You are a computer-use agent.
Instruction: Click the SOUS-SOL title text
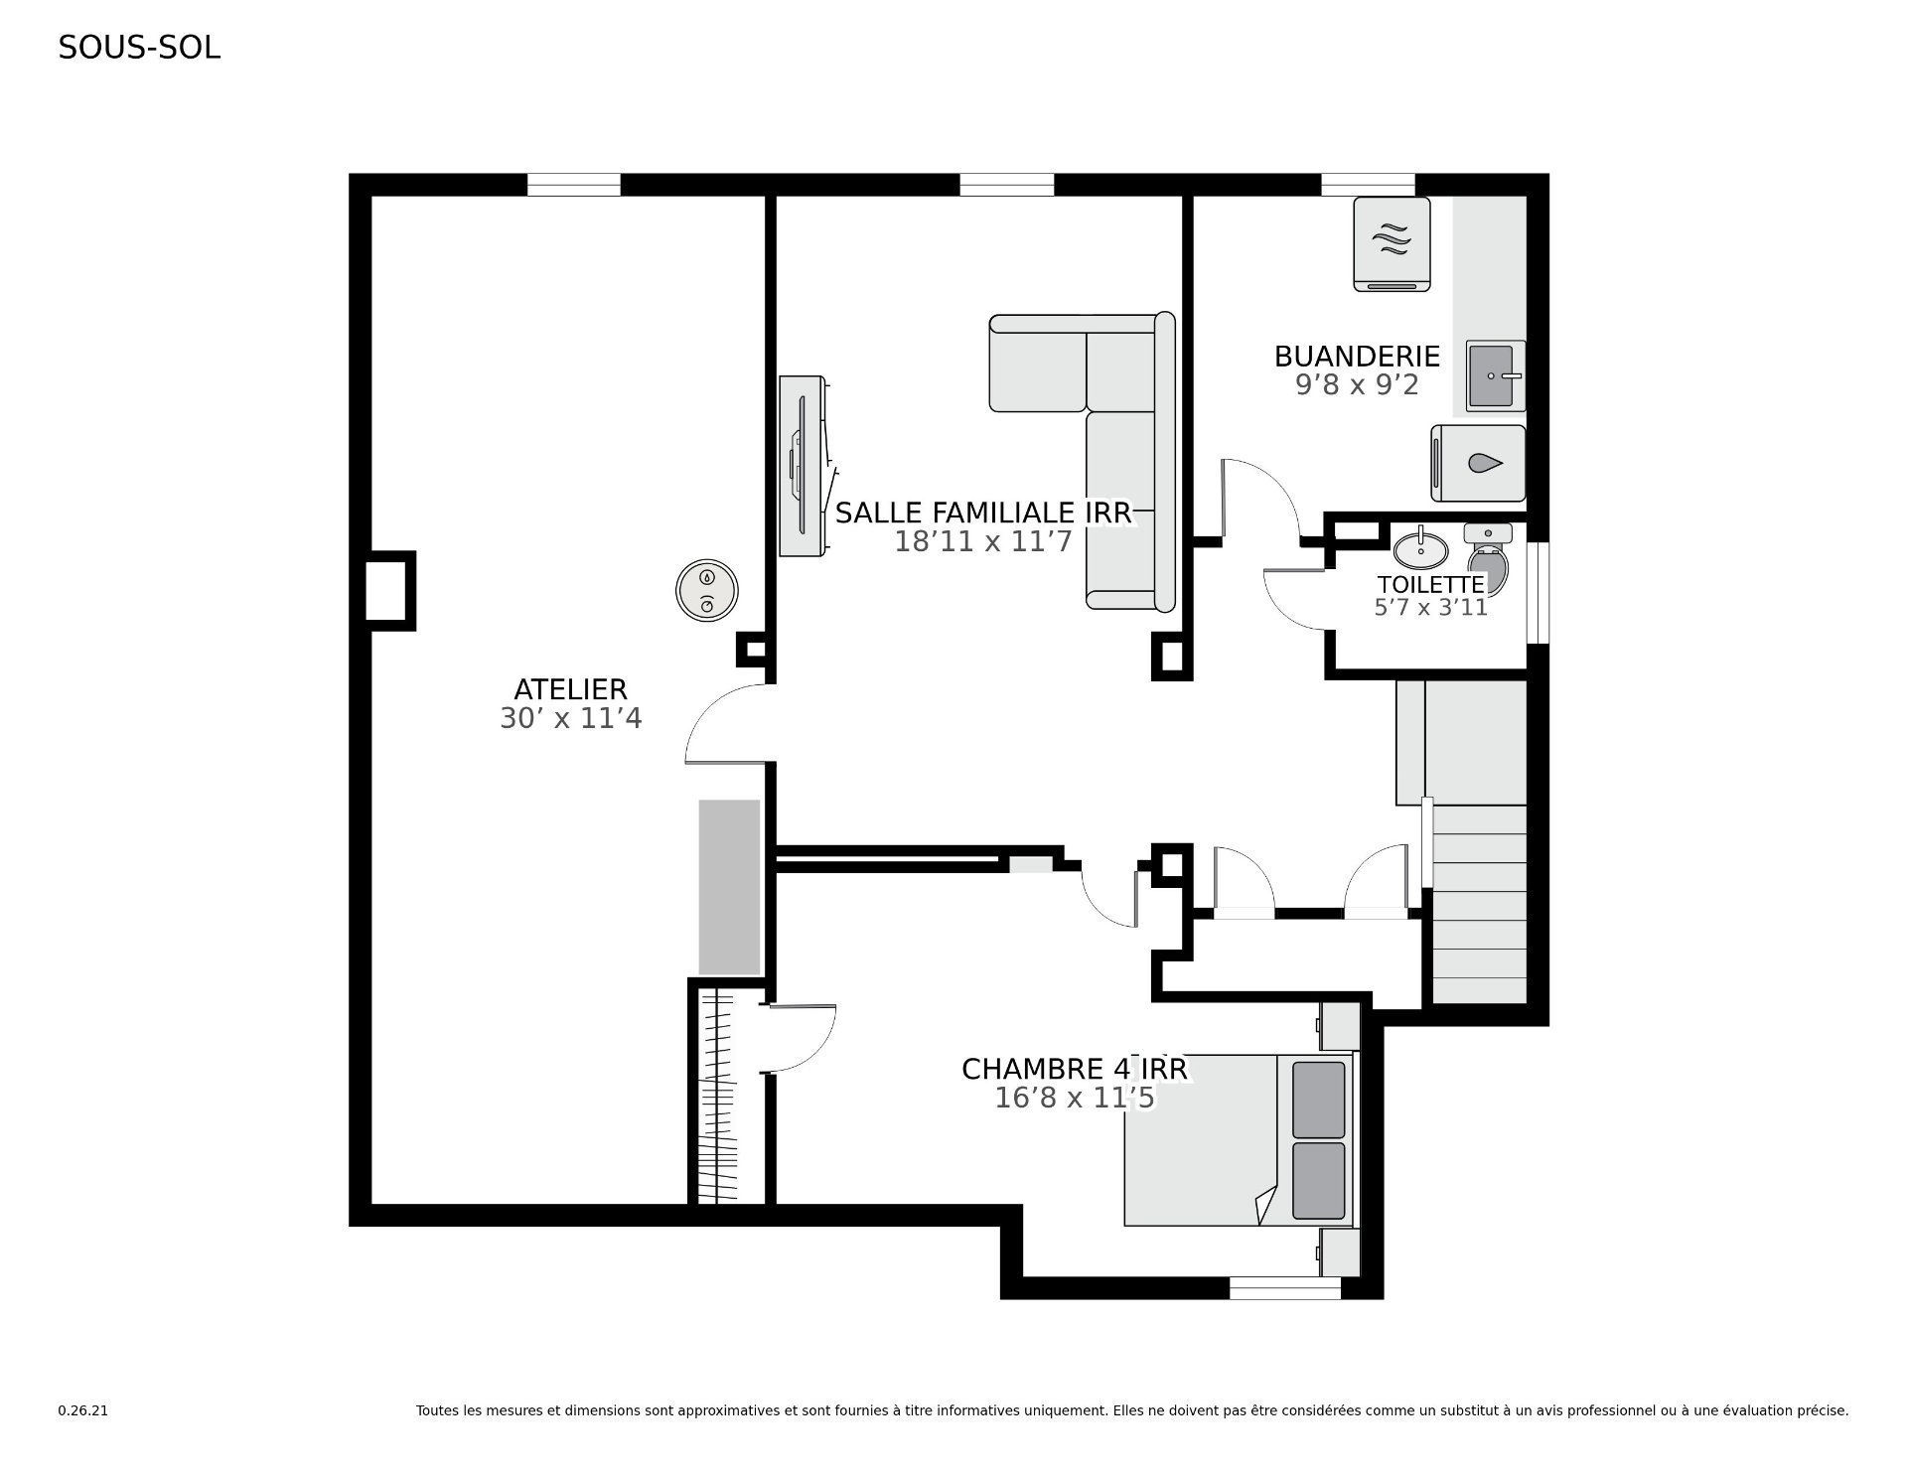tap(139, 48)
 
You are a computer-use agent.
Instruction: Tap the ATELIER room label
tap(570, 689)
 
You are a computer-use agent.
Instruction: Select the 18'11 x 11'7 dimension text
tap(983, 542)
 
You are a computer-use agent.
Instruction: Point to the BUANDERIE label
tap(1357, 356)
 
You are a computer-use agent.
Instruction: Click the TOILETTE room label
tap(1430, 584)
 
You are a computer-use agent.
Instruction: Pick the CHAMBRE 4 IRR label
tap(1075, 1069)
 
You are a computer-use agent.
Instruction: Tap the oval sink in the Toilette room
tap(1421, 546)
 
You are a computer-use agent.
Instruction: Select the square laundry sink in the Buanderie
tap(1496, 375)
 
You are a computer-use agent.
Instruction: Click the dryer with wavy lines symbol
tap(1393, 243)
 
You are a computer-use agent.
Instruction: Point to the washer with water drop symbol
tap(1478, 463)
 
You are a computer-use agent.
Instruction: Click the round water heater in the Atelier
tap(707, 591)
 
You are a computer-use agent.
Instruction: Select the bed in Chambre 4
tap(1240, 1139)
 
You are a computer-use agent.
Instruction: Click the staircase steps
tap(1478, 904)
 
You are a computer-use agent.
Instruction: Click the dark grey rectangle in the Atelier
tap(729, 887)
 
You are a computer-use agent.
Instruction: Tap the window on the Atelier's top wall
tap(573, 185)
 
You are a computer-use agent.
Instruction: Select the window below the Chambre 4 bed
tap(1285, 1288)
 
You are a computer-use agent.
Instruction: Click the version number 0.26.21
tap(82, 1410)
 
